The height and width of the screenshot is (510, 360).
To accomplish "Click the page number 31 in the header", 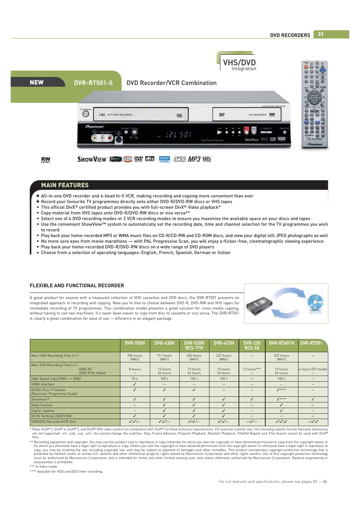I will click(320, 34).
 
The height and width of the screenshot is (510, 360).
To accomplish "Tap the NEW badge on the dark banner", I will click(37, 82).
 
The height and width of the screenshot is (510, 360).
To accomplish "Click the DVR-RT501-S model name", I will click(93, 83).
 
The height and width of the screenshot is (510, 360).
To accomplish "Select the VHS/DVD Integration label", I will click(239, 64).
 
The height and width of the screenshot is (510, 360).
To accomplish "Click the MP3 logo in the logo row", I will click(194, 159).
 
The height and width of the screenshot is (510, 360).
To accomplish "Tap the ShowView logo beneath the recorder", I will click(92, 159).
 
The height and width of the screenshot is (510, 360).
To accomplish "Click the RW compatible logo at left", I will click(46, 160).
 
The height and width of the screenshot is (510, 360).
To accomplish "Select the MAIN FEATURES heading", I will click(65, 185).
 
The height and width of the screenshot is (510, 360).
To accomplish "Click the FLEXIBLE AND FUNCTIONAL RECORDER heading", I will click(77, 286).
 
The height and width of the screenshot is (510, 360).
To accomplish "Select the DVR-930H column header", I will click(135, 343).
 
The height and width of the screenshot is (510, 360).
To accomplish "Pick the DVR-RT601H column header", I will click(281, 343).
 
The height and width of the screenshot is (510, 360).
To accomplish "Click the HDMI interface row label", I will click(43, 384).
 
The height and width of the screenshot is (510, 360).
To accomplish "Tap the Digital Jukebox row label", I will click(43, 411).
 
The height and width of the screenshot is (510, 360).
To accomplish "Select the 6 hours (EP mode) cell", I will click(313, 369).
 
